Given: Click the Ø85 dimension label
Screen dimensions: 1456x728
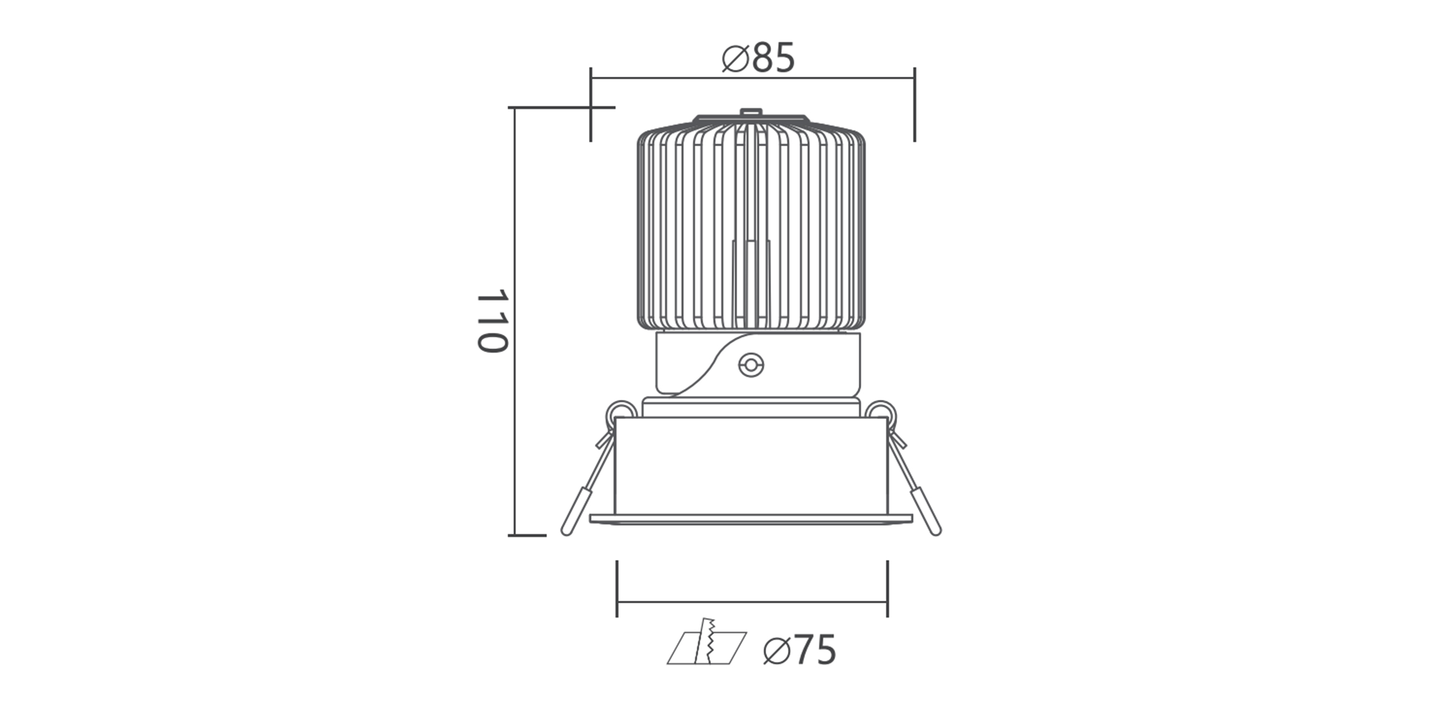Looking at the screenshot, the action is click(759, 58).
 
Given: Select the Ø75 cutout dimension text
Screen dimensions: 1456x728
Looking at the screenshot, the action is click(799, 650).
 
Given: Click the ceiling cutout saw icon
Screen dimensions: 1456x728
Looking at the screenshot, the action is click(707, 648).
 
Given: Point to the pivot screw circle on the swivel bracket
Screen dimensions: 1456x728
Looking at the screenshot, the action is click(750, 365).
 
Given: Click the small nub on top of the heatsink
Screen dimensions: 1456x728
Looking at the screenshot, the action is click(750, 113).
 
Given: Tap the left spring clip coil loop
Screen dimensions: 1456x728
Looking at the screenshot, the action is click(622, 414).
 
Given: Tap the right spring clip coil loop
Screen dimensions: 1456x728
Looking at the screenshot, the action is click(881, 414).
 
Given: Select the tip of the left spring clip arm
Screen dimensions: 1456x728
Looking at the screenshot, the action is click(566, 531).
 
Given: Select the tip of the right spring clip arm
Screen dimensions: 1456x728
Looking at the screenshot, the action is click(936, 531).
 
